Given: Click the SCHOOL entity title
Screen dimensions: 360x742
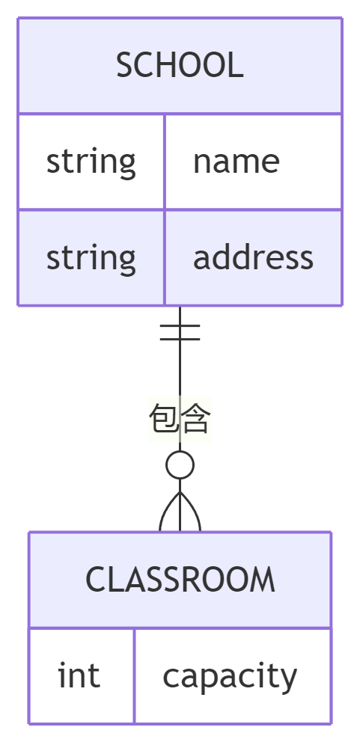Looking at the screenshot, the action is (x=180, y=65).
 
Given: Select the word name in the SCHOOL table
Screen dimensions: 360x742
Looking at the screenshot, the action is (x=236, y=162).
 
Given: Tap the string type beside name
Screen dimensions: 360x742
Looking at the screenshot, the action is (x=91, y=162).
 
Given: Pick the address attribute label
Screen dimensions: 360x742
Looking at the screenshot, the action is (x=253, y=257).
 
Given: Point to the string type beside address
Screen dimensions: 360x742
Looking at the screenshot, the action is (x=91, y=258).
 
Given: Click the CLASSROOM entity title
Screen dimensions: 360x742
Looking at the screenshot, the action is (x=180, y=579).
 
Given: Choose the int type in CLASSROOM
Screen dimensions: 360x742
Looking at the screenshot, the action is (x=79, y=675).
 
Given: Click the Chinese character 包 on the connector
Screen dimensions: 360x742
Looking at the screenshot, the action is (x=164, y=419).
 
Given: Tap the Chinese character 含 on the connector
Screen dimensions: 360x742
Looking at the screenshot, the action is (x=195, y=419).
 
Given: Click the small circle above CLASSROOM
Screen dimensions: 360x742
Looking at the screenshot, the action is (x=180, y=465).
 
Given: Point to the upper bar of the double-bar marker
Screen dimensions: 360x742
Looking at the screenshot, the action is (x=180, y=325).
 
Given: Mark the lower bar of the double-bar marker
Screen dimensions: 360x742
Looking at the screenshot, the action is (x=180, y=339).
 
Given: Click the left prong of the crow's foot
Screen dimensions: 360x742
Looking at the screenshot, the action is (x=165, y=510).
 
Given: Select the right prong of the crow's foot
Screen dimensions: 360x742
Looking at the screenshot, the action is (x=195, y=510).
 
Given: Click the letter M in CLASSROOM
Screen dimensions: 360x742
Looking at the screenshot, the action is (x=264, y=579).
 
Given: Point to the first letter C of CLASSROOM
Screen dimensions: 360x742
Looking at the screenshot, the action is (x=95, y=579).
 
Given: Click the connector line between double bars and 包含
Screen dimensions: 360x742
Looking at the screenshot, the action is (x=180, y=369).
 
